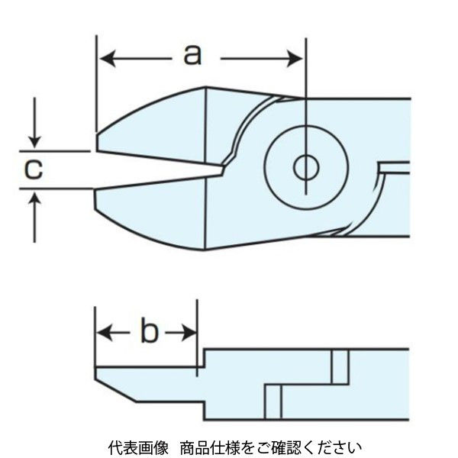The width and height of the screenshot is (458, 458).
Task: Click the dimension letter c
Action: click(31, 170)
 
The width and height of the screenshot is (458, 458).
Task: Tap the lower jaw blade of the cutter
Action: click(160, 218)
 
